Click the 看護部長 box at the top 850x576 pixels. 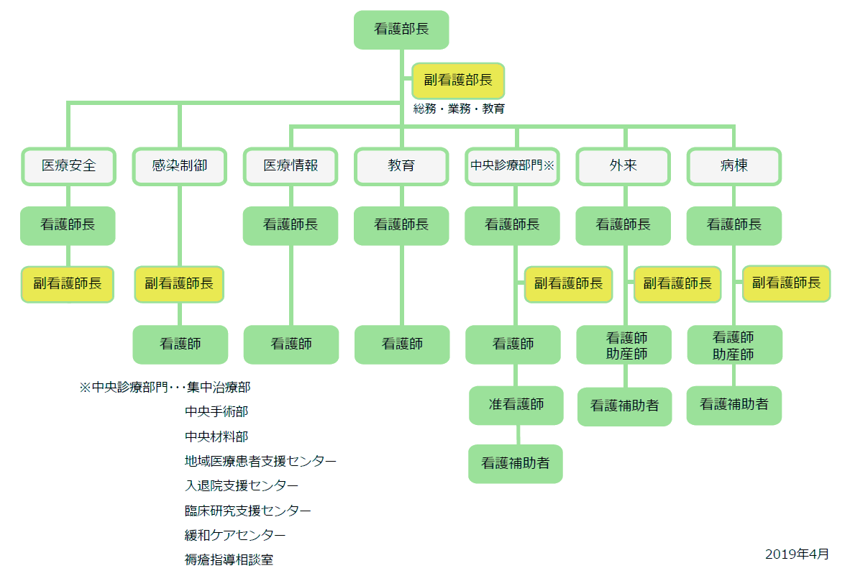[x=401, y=29]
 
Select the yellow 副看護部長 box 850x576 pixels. [x=458, y=81]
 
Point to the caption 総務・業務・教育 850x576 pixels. [x=459, y=109]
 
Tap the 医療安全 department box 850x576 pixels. [x=68, y=166]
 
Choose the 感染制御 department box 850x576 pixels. [x=180, y=166]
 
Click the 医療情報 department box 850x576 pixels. [x=291, y=166]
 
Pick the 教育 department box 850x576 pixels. [x=401, y=166]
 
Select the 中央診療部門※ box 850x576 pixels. [x=513, y=166]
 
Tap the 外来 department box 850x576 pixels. [x=623, y=166]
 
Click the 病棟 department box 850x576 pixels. [x=734, y=166]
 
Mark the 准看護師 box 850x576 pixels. [x=516, y=405]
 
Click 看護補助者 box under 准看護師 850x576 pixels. [x=516, y=464]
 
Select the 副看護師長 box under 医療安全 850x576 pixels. [x=68, y=284]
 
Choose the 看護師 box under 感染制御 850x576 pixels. [x=180, y=344]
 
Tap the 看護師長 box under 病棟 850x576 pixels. [x=734, y=225]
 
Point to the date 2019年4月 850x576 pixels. [x=797, y=554]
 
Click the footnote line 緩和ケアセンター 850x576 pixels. [x=235, y=535]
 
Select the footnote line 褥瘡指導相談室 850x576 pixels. [x=229, y=559]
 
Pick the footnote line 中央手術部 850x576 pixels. [x=216, y=412]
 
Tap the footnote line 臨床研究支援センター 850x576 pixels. [x=248, y=511]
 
